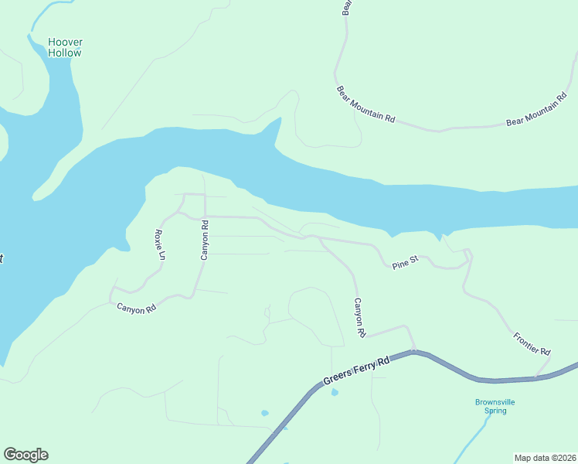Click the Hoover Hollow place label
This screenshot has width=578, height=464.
64,47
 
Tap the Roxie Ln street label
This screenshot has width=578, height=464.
160,244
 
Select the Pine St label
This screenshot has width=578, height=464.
404,263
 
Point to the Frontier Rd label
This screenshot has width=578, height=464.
532,344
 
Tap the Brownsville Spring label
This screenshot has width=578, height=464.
495,406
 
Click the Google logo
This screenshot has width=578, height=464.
25,455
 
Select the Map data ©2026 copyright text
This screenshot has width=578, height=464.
545,457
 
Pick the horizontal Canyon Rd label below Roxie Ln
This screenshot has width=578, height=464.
136,308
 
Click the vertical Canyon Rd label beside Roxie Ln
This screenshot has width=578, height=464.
205,241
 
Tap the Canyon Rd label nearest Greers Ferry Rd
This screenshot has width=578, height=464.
359,317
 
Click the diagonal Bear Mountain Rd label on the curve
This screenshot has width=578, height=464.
366,105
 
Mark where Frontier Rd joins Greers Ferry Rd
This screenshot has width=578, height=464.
535,378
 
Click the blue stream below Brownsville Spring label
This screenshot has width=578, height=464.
473,442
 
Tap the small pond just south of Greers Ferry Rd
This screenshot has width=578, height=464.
334,393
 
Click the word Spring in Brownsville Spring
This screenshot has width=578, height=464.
495,411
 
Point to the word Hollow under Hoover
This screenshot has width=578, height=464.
64,53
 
